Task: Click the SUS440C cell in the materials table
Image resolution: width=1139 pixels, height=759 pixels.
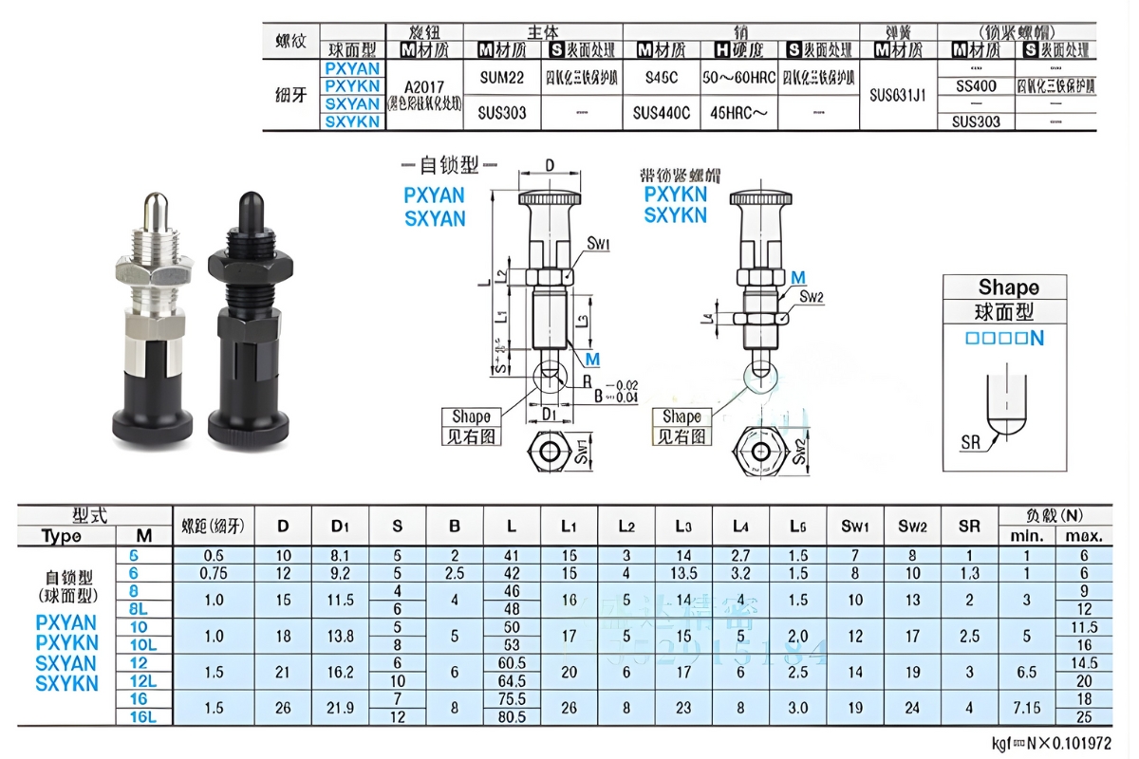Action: [662, 113]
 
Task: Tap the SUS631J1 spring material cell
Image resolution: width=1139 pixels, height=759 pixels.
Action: [897, 95]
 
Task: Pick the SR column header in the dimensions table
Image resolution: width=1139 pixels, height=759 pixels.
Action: [968, 526]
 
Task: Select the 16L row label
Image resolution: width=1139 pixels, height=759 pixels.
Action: [143, 717]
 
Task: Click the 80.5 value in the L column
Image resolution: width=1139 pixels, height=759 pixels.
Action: [512, 717]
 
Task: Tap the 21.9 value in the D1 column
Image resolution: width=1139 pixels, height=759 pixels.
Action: [340, 709]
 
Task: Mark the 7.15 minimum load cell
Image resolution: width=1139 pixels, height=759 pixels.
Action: [1026, 709]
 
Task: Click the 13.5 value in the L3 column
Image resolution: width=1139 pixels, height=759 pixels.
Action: [683, 573]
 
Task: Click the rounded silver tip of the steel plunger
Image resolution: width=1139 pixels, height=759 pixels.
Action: [155, 208]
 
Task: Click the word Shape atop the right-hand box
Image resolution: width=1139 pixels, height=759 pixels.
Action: [1008, 287]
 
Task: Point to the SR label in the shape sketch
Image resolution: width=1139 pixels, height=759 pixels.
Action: [971, 443]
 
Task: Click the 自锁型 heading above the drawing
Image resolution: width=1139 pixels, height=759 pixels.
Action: [449, 165]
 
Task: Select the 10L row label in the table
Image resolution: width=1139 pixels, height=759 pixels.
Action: [143, 645]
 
